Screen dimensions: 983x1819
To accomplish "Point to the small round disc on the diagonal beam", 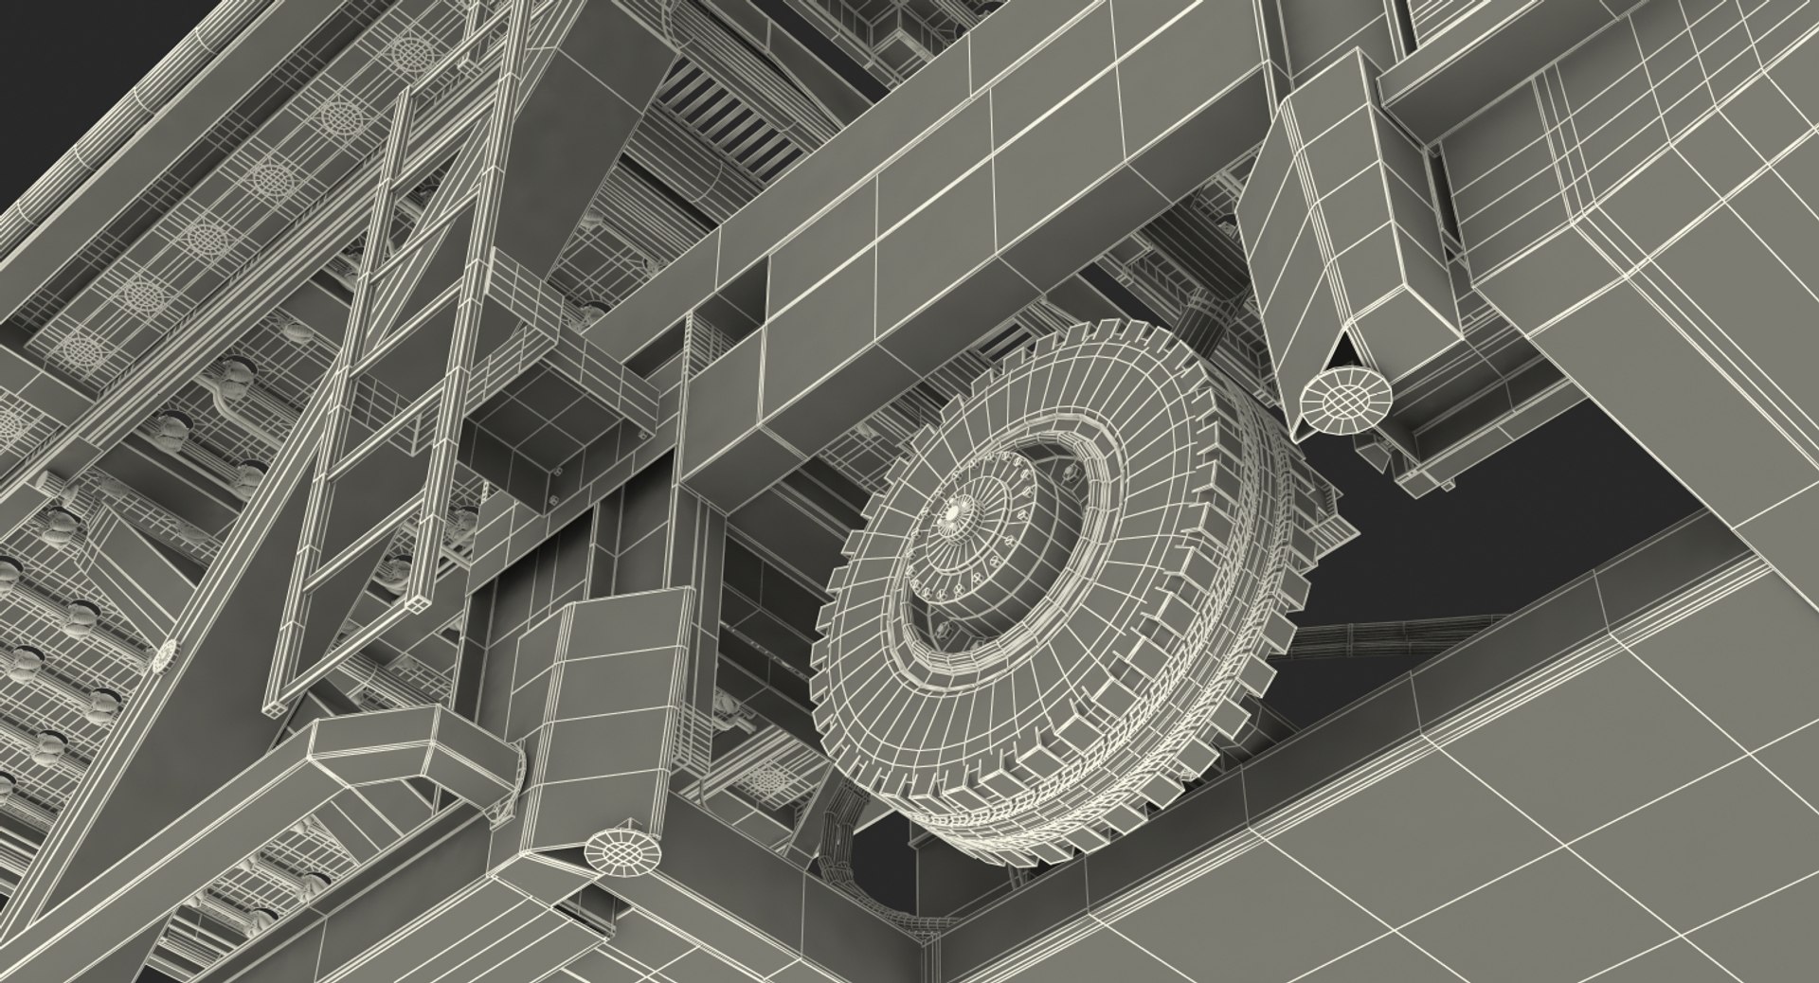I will pos(167,652).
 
